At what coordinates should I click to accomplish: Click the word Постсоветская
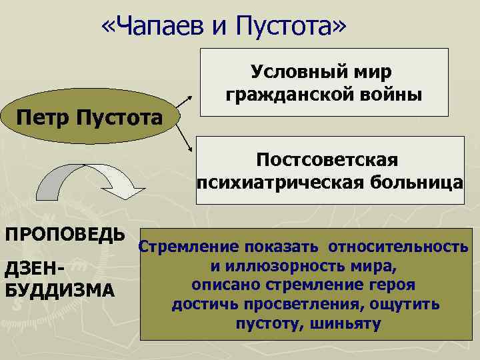coord(327,160)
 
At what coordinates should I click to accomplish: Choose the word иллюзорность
coord(284,267)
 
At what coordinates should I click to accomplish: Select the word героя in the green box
coord(393,286)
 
